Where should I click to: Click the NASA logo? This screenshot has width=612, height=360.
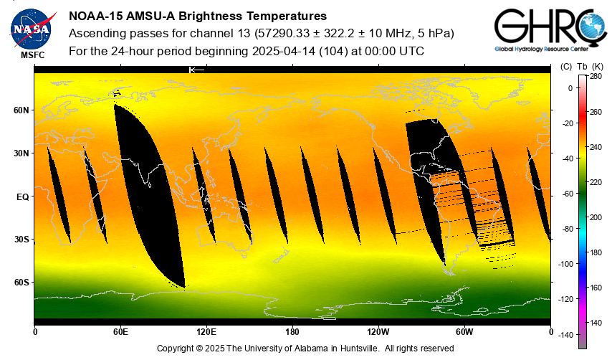pyautogui.click(x=32, y=29)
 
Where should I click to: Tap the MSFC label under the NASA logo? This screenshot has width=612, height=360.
pyautogui.click(x=32, y=55)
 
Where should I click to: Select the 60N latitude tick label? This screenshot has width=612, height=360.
pyautogui.click(x=22, y=110)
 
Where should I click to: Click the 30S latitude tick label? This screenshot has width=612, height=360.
pyautogui.click(x=22, y=240)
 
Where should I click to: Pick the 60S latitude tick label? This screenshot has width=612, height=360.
pyautogui.click(x=22, y=283)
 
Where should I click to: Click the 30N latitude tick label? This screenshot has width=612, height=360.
pyautogui.click(x=22, y=153)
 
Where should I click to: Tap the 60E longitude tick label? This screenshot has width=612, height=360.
pyautogui.click(x=120, y=332)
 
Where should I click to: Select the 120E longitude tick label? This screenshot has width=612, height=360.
pyautogui.click(x=206, y=332)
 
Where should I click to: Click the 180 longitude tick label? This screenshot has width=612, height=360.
pyautogui.click(x=292, y=332)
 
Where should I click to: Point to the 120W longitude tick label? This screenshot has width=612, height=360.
pyautogui.click(x=378, y=332)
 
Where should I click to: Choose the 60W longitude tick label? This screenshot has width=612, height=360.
pyautogui.click(x=464, y=332)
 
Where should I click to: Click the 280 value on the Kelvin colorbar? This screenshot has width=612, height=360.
pyautogui.click(x=596, y=76)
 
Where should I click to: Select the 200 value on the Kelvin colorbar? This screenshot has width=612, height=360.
pyautogui.click(x=596, y=217)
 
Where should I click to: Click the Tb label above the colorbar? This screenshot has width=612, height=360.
pyautogui.click(x=581, y=66)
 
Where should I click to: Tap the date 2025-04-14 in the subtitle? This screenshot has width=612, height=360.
pyautogui.click(x=284, y=52)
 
